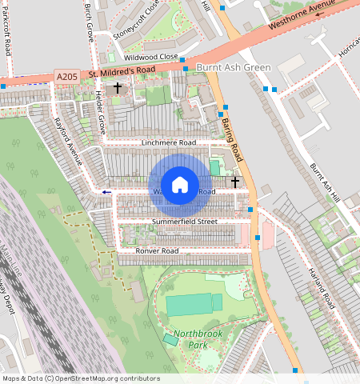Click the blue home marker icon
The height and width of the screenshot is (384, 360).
(x=180, y=185)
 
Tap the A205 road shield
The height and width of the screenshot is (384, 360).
(x=68, y=76)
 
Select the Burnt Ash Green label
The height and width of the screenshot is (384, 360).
(x=234, y=68)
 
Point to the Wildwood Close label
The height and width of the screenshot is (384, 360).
(x=150, y=57)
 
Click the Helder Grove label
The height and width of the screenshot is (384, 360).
(x=100, y=110)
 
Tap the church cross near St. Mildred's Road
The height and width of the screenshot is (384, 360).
(x=118, y=88)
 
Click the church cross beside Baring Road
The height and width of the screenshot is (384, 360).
(x=234, y=182)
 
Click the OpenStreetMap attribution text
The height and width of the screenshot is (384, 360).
(x=81, y=378)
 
